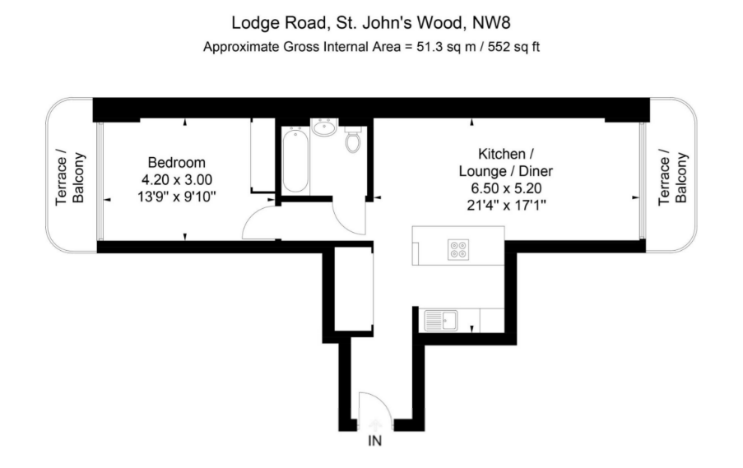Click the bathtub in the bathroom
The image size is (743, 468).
point(295,160)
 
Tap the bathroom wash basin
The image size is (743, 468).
point(324,127)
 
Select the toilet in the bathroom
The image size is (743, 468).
point(353,139)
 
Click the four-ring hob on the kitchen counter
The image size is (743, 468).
point(458,249)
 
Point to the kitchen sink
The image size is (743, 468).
point(441,320)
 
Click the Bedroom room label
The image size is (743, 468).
point(177,163)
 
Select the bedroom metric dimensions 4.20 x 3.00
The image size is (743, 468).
point(177,179)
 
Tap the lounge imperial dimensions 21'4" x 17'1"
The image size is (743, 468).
point(506,205)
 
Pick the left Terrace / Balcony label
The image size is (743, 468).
point(70,178)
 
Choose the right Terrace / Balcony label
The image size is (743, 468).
point(672,178)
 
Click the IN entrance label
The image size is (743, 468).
point(375,441)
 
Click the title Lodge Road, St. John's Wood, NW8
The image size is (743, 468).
point(371,22)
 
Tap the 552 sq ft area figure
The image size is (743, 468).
point(513,47)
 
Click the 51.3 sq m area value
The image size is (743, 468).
point(446,47)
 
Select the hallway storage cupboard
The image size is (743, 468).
point(353,289)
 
